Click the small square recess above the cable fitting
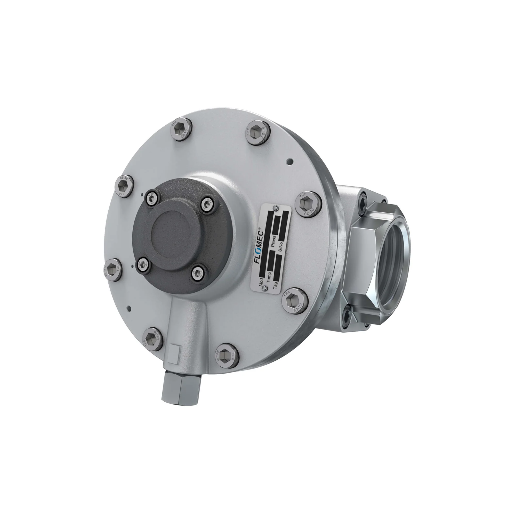pos(175,354)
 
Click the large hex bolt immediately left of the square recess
pos(152,339)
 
